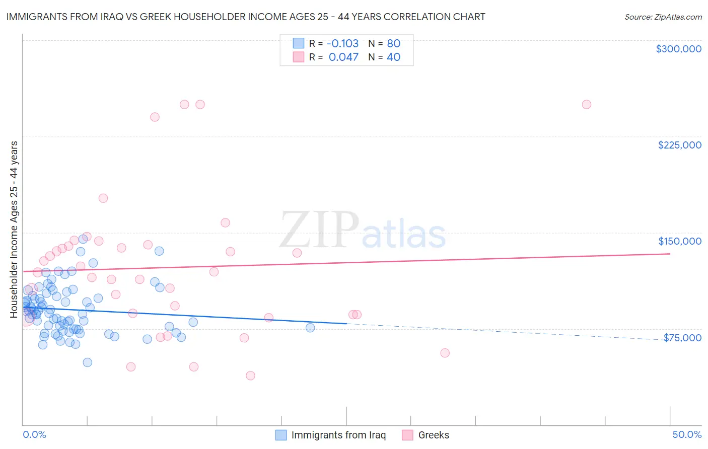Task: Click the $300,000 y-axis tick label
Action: (678, 49)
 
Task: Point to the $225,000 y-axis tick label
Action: (679, 145)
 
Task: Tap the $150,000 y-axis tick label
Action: (679, 241)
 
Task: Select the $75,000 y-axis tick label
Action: (682, 338)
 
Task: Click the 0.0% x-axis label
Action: (34, 434)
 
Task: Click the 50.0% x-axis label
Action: (687, 434)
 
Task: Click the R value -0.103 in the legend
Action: (342, 43)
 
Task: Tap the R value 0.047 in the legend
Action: (343, 57)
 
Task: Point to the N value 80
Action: (393, 43)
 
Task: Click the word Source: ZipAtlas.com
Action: (663, 17)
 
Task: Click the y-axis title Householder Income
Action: (14, 229)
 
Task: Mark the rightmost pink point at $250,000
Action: (586, 105)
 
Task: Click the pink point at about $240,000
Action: (155, 117)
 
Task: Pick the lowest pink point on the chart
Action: (250, 376)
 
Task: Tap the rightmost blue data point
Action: (310, 328)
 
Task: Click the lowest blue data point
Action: (87, 362)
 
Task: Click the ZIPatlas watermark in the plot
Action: (363, 232)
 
